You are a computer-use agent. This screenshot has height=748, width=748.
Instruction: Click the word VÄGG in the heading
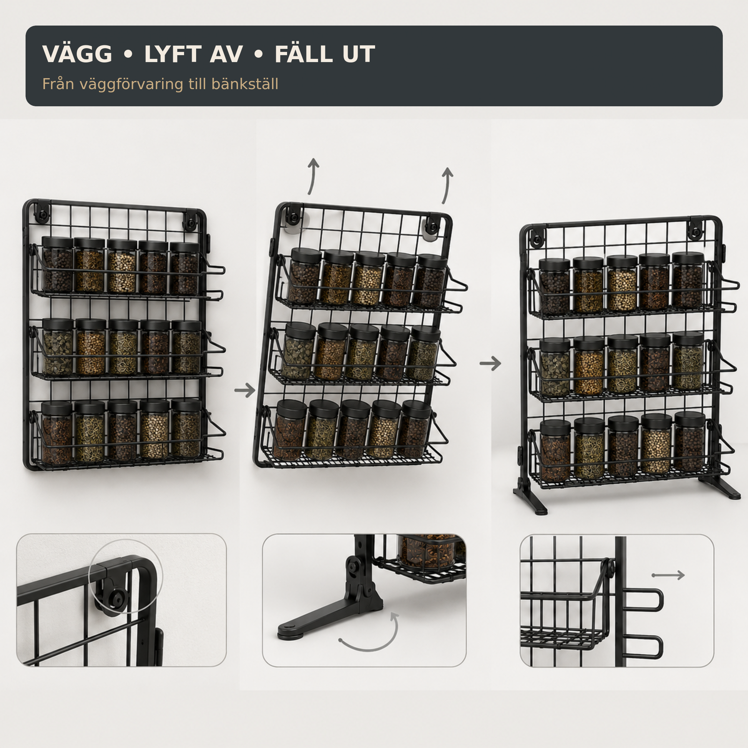77,54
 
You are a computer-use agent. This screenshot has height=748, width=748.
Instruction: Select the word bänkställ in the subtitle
245,84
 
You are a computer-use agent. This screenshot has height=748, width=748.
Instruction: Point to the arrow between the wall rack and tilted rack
245,390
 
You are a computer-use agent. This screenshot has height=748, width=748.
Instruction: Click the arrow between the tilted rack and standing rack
490,363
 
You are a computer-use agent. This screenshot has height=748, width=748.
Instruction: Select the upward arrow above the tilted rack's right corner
446,185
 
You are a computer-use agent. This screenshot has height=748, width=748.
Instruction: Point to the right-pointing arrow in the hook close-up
668,575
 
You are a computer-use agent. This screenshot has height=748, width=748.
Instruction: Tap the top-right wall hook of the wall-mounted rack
190,220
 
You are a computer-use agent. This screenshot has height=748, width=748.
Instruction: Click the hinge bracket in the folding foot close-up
360,579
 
